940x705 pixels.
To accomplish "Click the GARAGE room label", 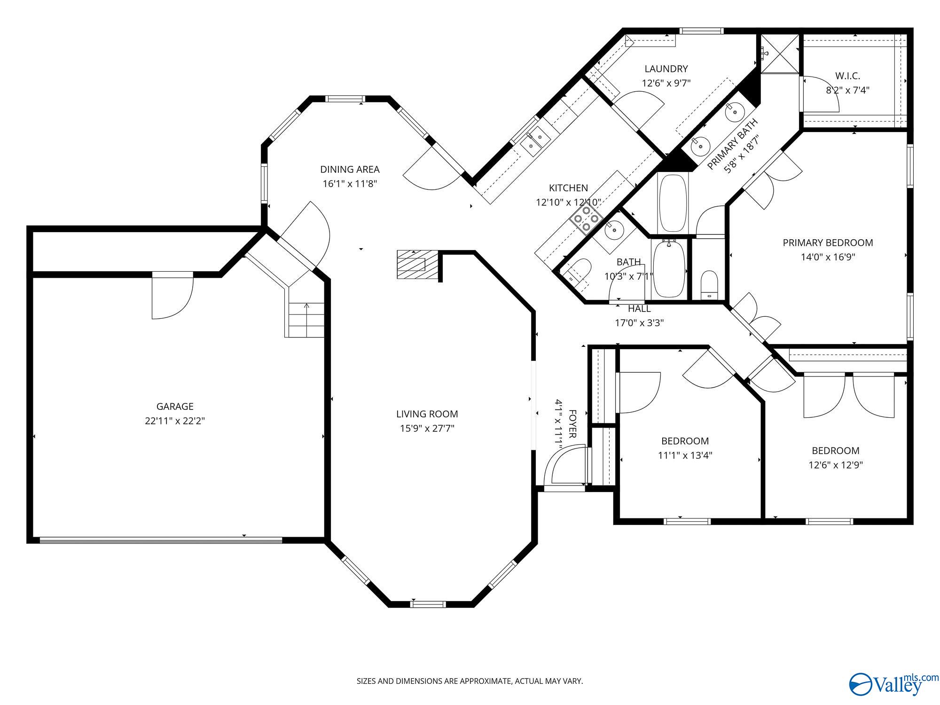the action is [175, 407].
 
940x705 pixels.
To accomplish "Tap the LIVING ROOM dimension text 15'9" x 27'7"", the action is [427, 429].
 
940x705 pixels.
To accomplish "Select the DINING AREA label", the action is [350, 169].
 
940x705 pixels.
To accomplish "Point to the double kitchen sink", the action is [535, 141].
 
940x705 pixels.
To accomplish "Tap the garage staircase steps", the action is [306, 320].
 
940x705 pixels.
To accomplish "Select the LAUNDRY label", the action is [666, 69].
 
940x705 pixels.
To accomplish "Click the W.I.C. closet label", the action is [848, 76].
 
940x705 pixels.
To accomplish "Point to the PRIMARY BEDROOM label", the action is [828, 243].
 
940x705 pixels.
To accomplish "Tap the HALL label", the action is [639, 309].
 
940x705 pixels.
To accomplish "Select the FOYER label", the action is [572, 424].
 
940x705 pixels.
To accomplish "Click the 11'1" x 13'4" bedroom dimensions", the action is [685, 455].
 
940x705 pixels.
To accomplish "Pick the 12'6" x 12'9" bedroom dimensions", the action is [836, 465].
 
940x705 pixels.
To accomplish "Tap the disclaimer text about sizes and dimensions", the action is [470, 681].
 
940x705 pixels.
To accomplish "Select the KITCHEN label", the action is [568, 188].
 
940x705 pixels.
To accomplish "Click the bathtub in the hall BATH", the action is [669, 268].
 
